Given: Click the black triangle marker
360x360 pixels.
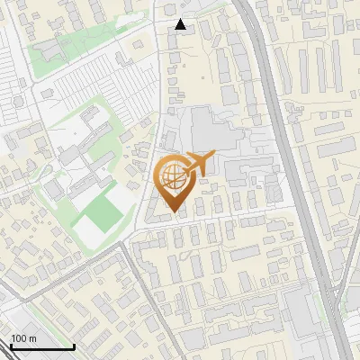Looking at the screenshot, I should [x=181, y=25].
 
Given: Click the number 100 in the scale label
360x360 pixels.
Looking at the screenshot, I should [x=18, y=338].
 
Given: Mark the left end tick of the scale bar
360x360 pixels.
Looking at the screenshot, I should [x=10, y=346].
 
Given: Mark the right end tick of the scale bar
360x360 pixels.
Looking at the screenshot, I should [x=74, y=346].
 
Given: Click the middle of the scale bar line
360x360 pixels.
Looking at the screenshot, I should [x=41, y=347].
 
